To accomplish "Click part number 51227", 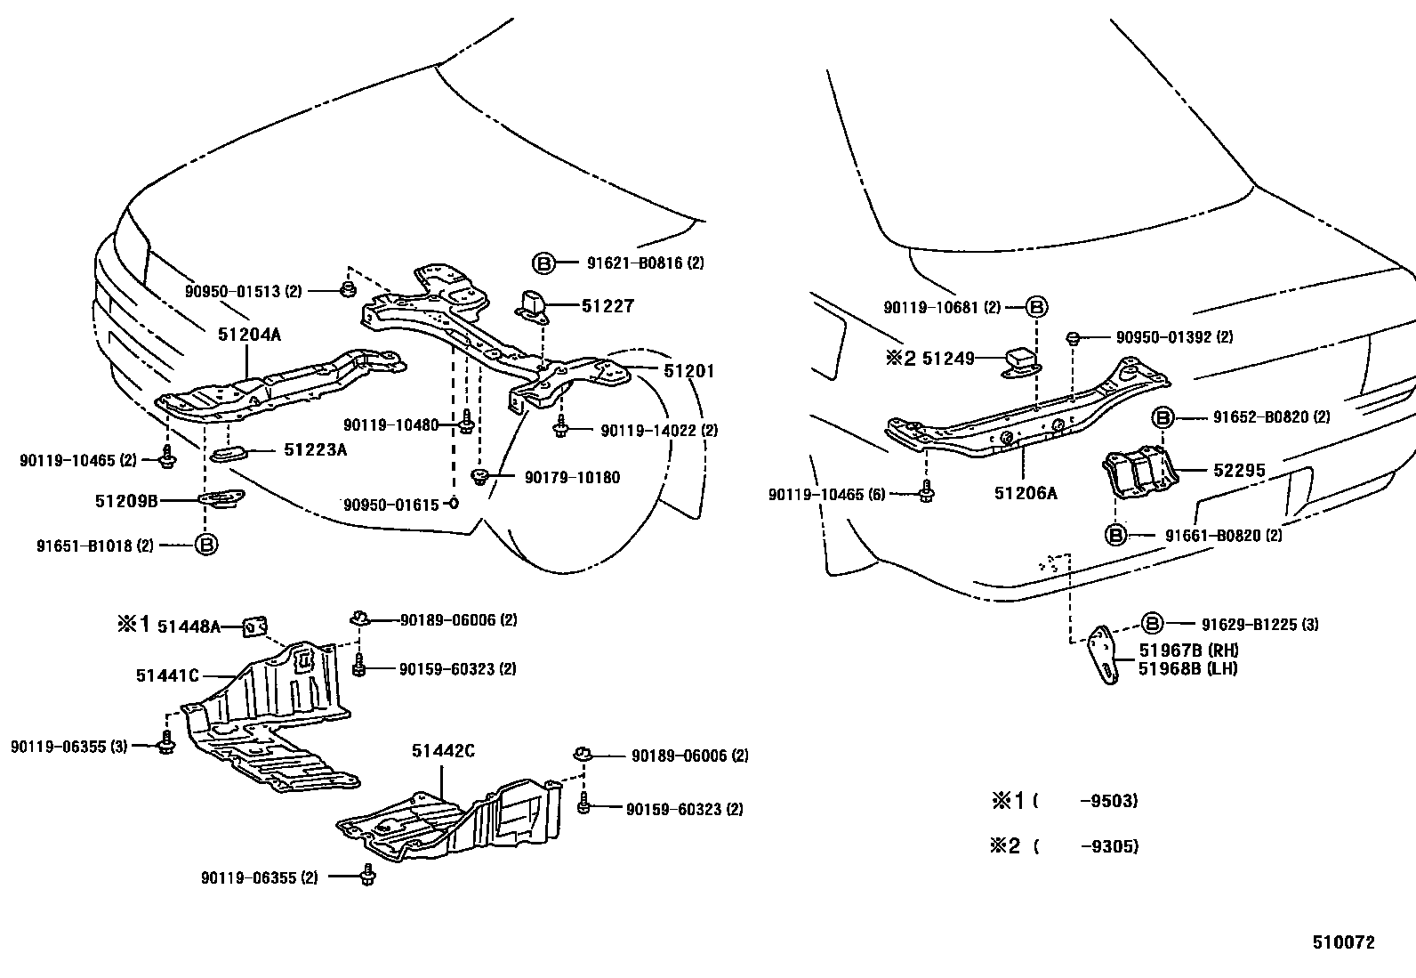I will (x=607, y=306).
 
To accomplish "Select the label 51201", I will (x=688, y=371).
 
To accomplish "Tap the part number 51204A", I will (x=249, y=335).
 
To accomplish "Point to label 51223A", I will (x=315, y=450).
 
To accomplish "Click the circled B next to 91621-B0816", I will (x=543, y=263).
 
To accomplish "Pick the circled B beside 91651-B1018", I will (x=205, y=545).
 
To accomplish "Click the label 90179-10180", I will (x=572, y=478).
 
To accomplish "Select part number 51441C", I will (x=167, y=675).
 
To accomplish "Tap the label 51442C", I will (x=442, y=751).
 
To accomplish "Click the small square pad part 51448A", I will (x=256, y=628).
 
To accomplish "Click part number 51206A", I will (x=1026, y=493).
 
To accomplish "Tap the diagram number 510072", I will (x=1343, y=942).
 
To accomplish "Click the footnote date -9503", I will (x=1108, y=801).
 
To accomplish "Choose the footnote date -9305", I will (x=1108, y=846).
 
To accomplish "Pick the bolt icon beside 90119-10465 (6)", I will (x=926, y=492).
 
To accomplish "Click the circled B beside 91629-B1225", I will (x=1153, y=624).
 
